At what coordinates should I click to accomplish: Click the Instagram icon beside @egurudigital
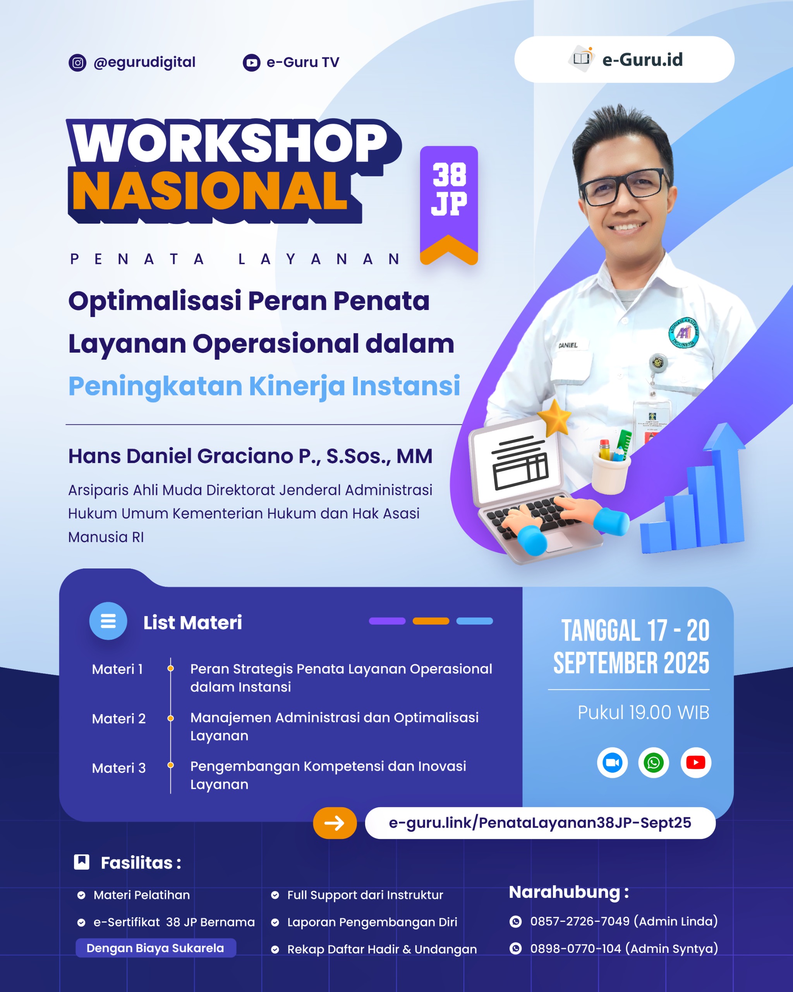pos(77,62)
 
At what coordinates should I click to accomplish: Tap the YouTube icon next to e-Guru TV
pos(251,62)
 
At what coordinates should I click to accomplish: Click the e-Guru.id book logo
pos(582,59)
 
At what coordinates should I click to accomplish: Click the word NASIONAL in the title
pos(209,191)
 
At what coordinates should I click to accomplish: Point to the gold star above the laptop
pos(555,417)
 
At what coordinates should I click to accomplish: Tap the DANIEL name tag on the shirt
pos(568,345)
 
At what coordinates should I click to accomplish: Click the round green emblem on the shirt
pos(683,332)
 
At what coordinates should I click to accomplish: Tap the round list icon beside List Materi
pos(108,621)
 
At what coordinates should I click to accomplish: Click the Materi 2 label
pos(118,719)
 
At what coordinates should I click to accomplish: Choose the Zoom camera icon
pos(612,762)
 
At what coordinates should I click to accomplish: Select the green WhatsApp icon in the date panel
pos(653,762)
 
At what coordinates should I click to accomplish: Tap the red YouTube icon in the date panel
pos(695,762)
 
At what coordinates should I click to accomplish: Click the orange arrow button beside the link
pos(335,823)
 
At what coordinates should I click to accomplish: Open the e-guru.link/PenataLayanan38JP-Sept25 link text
pos(540,823)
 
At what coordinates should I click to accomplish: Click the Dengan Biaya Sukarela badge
pos(155,948)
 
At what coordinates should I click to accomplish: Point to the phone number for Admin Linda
pos(579,921)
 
